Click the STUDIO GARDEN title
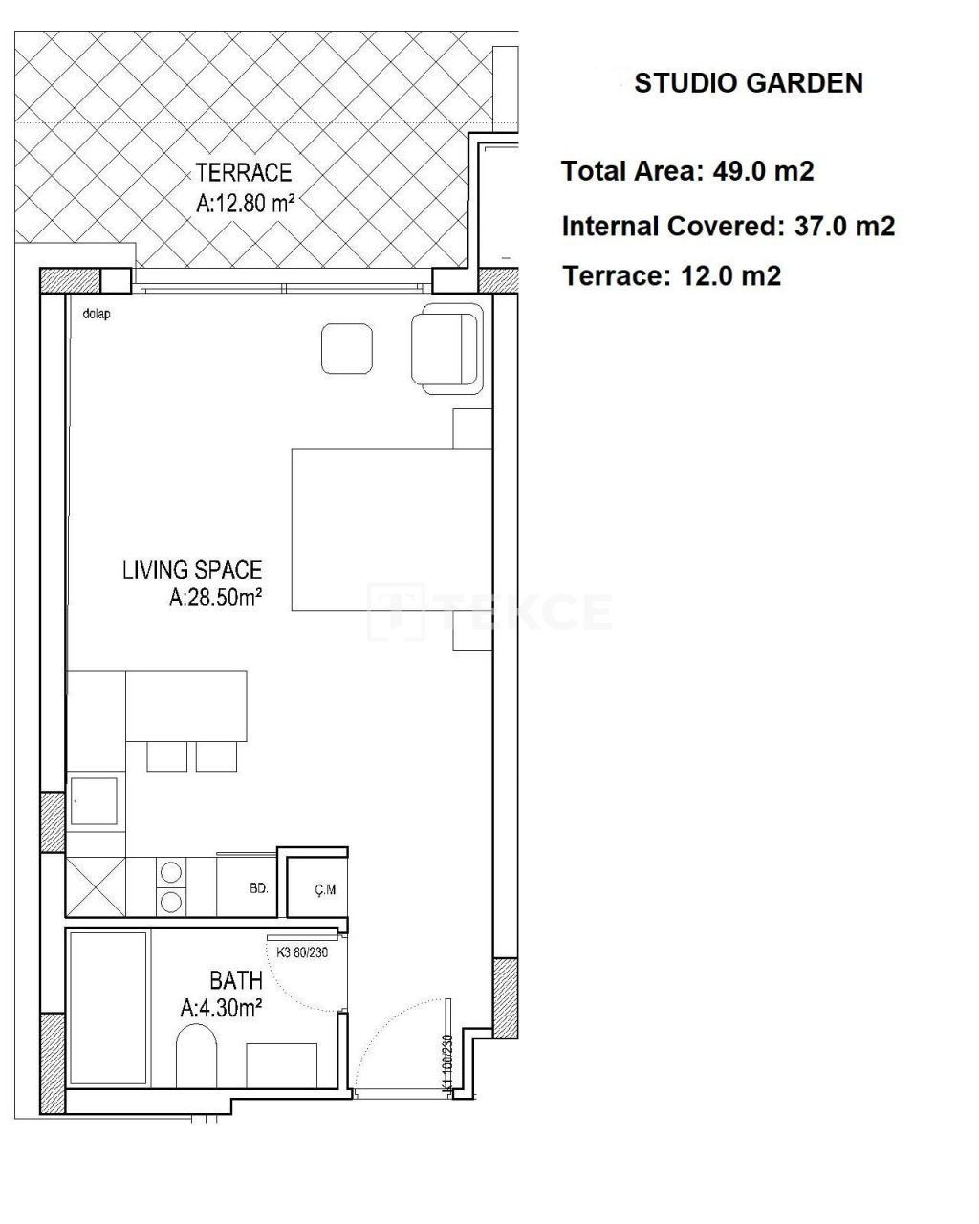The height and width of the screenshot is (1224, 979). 749,83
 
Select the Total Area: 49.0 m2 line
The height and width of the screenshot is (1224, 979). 687,171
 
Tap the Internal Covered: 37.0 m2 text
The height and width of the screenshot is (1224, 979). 729,227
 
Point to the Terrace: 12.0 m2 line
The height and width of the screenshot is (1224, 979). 672,276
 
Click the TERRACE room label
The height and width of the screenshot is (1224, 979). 244,173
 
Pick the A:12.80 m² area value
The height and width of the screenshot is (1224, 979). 244,203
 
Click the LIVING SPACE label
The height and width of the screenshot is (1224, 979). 191,571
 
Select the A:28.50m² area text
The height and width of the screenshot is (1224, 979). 216,599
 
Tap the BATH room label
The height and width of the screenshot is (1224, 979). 236,980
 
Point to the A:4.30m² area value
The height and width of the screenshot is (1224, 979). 221,1008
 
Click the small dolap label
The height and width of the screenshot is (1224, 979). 97,314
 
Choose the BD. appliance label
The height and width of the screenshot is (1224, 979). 258,888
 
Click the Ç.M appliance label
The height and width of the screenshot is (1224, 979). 325,890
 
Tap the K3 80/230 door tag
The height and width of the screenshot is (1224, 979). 302,952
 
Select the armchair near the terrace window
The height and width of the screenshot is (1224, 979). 446,349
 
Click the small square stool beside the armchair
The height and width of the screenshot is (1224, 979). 346,348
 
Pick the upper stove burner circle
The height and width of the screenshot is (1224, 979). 172,872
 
